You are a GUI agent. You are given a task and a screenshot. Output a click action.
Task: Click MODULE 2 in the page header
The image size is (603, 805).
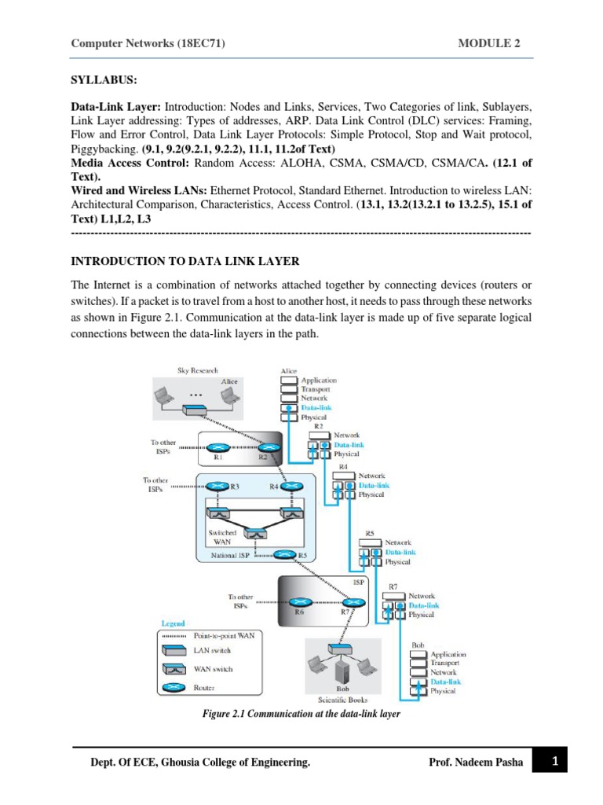pos(488,44)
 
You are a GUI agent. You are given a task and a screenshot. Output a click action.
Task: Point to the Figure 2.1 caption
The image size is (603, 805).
pos(301,714)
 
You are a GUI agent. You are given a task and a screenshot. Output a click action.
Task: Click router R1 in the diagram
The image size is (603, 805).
pos(218,446)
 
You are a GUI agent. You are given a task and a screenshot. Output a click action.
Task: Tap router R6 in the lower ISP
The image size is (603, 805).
pos(299,601)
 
